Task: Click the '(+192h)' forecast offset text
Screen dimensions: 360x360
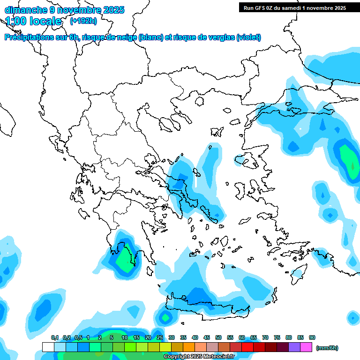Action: pyautogui.click(x=83, y=21)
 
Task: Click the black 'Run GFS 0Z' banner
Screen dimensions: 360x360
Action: pyautogui.click(x=294, y=7)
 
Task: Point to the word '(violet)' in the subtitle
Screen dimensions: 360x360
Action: pyautogui.click(x=248, y=37)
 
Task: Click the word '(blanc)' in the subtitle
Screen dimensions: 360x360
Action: pyautogui.click(x=151, y=37)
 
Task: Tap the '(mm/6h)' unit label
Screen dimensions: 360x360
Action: pyautogui.click(x=327, y=348)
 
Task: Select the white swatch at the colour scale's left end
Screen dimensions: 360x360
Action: pyautogui.click(x=48, y=347)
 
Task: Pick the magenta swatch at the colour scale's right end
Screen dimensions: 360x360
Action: pyautogui.click(x=306, y=347)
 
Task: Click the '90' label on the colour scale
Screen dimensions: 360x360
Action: pyautogui.click(x=312, y=337)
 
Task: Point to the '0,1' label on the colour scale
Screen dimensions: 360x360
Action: pyautogui.click(x=55, y=337)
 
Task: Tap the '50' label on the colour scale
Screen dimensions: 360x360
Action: pyautogui.click(x=218, y=337)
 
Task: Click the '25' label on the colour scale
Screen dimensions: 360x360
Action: pyautogui.click(x=160, y=337)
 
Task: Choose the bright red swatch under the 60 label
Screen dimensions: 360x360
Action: pyautogui.click(x=247, y=347)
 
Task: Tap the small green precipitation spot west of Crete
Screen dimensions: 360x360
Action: pyautogui.click(x=165, y=317)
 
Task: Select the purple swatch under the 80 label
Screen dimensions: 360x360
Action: pyautogui.click(x=294, y=347)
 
